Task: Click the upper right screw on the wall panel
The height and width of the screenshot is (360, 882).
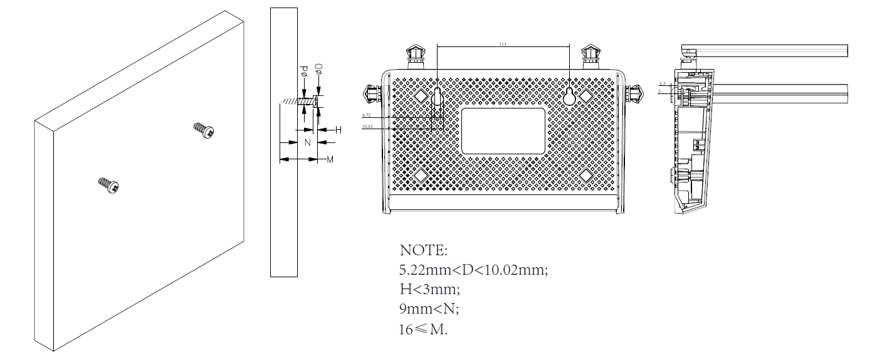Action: (x=204, y=130)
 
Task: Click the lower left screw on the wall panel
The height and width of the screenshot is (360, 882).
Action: (x=109, y=185)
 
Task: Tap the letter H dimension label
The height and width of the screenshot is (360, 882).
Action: (x=338, y=130)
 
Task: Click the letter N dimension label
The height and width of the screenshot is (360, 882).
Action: (x=307, y=142)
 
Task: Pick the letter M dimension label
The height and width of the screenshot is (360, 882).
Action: (x=330, y=160)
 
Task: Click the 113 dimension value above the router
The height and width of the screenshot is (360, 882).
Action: (x=502, y=45)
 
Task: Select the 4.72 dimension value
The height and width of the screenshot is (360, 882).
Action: (x=367, y=115)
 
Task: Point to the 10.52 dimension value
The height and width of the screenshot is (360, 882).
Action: (x=367, y=127)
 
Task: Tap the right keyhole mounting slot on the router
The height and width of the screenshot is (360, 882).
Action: (x=570, y=95)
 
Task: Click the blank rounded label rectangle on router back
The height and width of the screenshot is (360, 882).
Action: (x=503, y=130)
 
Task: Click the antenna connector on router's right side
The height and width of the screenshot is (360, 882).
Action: (x=634, y=93)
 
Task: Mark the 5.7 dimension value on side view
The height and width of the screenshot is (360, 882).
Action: (x=662, y=83)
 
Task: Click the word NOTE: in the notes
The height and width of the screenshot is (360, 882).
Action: (x=424, y=250)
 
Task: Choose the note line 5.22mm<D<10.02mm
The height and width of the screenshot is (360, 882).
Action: (x=474, y=270)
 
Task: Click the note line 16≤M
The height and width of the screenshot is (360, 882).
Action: (x=424, y=329)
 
